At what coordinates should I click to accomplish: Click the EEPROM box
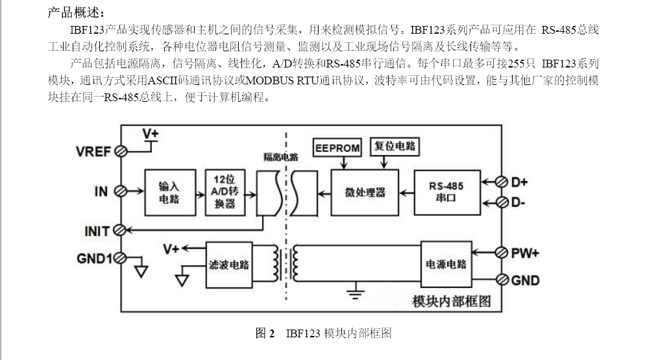point(337,148)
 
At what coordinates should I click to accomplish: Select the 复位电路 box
point(395,147)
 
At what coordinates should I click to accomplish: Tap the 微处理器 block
point(365,193)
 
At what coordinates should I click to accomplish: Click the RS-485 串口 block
point(446,192)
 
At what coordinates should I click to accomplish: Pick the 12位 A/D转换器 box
point(224,193)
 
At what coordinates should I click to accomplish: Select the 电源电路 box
point(446,264)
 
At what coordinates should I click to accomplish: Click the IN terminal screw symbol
point(120,191)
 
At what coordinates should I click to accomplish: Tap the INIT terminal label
point(97,231)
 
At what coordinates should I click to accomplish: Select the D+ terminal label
point(519,182)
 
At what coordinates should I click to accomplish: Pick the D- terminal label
point(518,202)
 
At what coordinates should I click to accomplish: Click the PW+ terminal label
point(525,253)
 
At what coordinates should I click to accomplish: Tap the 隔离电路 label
point(280,157)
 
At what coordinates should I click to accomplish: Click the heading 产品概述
point(75,13)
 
